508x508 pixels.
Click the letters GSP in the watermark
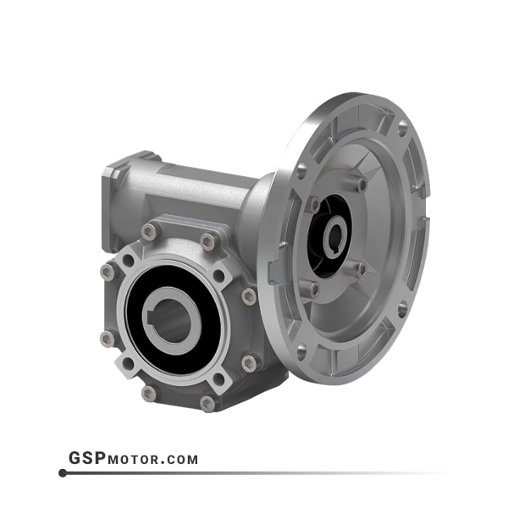click(x=87, y=458)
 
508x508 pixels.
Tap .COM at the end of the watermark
click(x=179, y=460)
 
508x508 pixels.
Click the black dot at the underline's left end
click(x=63, y=473)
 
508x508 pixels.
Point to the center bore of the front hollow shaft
click(x=172, y=321)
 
